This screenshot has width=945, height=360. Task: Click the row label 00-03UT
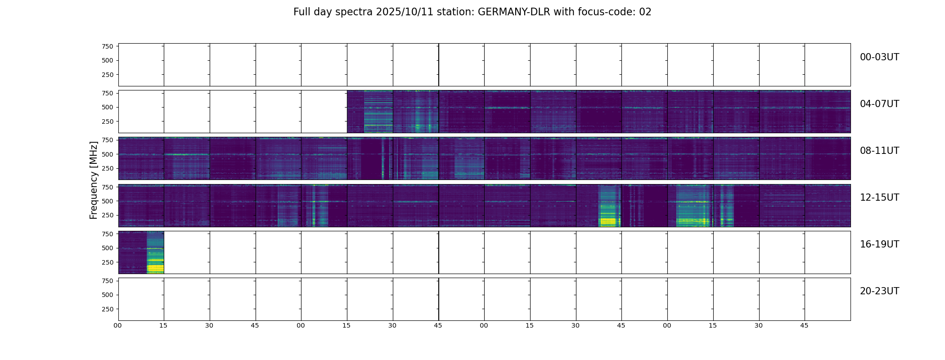[x=879, y=57]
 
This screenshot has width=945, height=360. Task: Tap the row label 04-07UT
[x=879, y=104]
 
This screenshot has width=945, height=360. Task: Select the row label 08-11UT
[x=879, y=151]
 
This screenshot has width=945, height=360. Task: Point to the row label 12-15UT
[x=879, y=198]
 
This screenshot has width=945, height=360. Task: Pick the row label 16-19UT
[x=879, y=244]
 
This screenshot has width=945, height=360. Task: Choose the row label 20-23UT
[x=879, y=291]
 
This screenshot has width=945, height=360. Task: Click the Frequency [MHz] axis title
[x=94, y=180]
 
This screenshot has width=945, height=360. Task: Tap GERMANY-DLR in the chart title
[x=514, y=12]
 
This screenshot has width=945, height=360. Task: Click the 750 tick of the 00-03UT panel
[x=108, y=46]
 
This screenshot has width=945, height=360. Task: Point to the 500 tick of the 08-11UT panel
[x=108, y=154]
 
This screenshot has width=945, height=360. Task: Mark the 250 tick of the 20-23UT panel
[x=108, y=309]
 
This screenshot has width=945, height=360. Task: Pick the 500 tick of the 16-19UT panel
[x=108, y=248]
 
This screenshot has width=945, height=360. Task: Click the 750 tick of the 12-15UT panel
[x=108, y=187]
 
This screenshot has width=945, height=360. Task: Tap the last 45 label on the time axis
[x=804, y=325]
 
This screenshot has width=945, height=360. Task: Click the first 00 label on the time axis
[x=118, y=325]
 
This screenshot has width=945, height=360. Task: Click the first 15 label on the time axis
[x=163, y=325]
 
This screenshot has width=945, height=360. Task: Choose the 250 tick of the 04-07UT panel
[x=108, y=121]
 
